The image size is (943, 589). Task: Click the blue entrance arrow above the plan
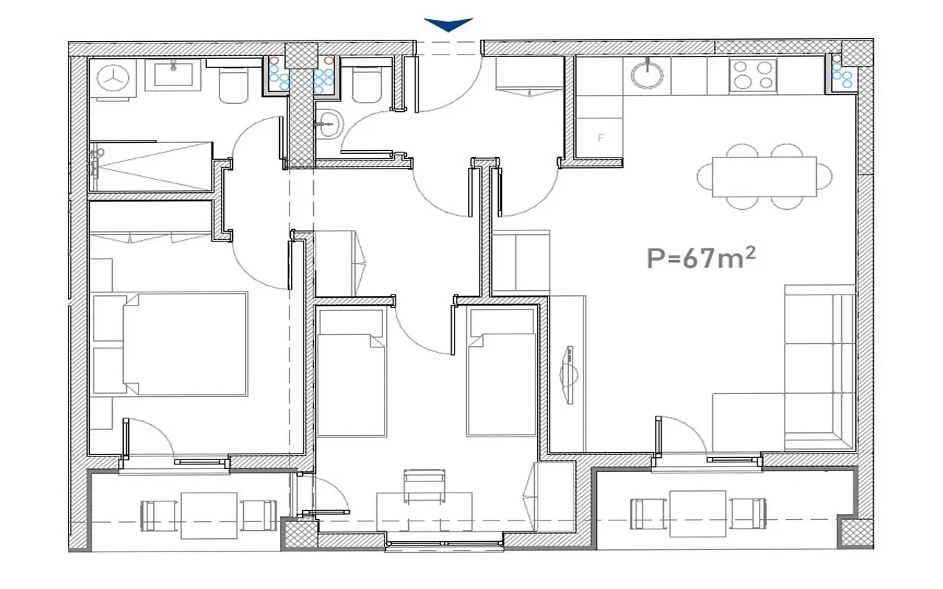click(449, 24)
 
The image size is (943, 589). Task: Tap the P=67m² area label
click(701, 258)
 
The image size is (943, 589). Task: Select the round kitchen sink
click(647, 75)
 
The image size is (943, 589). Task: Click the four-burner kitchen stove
click(753, 76)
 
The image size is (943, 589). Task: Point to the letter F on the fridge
click(601, 138)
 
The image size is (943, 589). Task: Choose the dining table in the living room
click(764, 177)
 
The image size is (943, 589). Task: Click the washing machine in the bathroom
click(113, 79)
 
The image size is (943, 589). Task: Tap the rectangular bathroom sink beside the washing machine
click(173, 75)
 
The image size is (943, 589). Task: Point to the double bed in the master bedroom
click(185, 344)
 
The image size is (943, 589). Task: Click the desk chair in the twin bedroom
click(424, 486)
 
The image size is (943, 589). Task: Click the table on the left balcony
click(208, 515)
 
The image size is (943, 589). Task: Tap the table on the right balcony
click(698, 513)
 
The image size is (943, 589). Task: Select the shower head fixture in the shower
click(97, 162)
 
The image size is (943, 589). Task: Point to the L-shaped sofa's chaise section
click(748, 423)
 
